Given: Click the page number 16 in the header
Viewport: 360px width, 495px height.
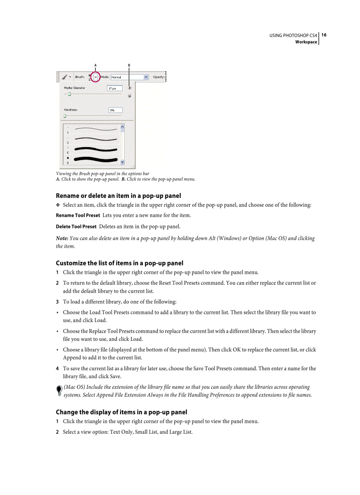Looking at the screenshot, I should pyautogui.click(x=324, y=35).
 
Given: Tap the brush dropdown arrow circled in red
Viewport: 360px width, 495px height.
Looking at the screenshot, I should pyautogui.click(x=95, y=77).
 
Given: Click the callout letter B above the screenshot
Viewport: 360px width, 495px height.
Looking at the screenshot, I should pyautogui.click(x=129, y=65).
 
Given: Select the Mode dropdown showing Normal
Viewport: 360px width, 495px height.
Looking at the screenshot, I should pyautogui.click(x=129, y=77).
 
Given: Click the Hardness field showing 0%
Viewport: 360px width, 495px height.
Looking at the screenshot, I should pyautogui.click(x=115, y=110).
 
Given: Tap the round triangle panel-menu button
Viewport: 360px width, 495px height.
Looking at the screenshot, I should pyautogui.click(x=130, y=88).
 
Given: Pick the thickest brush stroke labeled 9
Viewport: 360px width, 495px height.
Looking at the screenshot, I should pyautogui.click(x=96, y=159).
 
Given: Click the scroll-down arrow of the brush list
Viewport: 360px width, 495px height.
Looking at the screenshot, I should pyautogui.click(x=122, y=162).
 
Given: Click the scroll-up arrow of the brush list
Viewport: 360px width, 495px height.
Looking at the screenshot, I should pyautogui.click(x=122, y=126).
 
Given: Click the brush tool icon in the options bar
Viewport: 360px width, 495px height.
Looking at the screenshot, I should pyautogui.click(x=64, y=77).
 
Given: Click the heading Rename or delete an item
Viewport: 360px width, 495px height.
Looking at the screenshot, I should pyautogui.click(x=118, y=196).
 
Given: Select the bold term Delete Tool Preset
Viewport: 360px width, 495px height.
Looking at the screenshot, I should pyautogui.click(x=76, y=227).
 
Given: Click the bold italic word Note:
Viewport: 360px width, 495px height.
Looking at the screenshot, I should pyautogui.click(x=62, y=238).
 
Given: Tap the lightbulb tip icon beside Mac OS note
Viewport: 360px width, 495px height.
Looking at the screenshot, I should pyautogui.click(x=59, y=391).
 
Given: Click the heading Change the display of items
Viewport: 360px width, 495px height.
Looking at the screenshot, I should pyautogui.click(x=121, y=412).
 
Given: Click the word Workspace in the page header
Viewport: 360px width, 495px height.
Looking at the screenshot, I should pyautogui.click(x=306, y=42).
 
